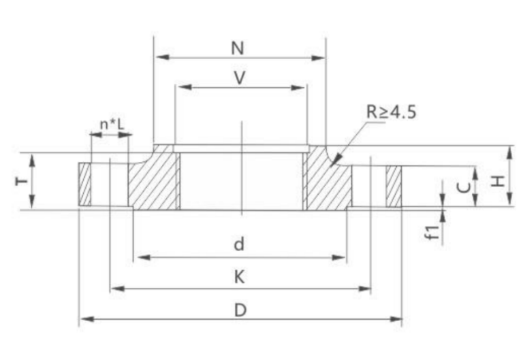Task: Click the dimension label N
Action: click(237, 48)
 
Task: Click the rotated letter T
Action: click(22, 181)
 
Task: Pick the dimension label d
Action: click(239, 244)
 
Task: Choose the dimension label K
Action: click(239, 277)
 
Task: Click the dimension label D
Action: click(240, 310)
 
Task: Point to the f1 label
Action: click(430, 231)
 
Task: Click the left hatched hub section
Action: click(154, 181)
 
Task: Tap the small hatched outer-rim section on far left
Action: click(85, 184)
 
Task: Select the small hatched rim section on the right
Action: click(394, 186)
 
